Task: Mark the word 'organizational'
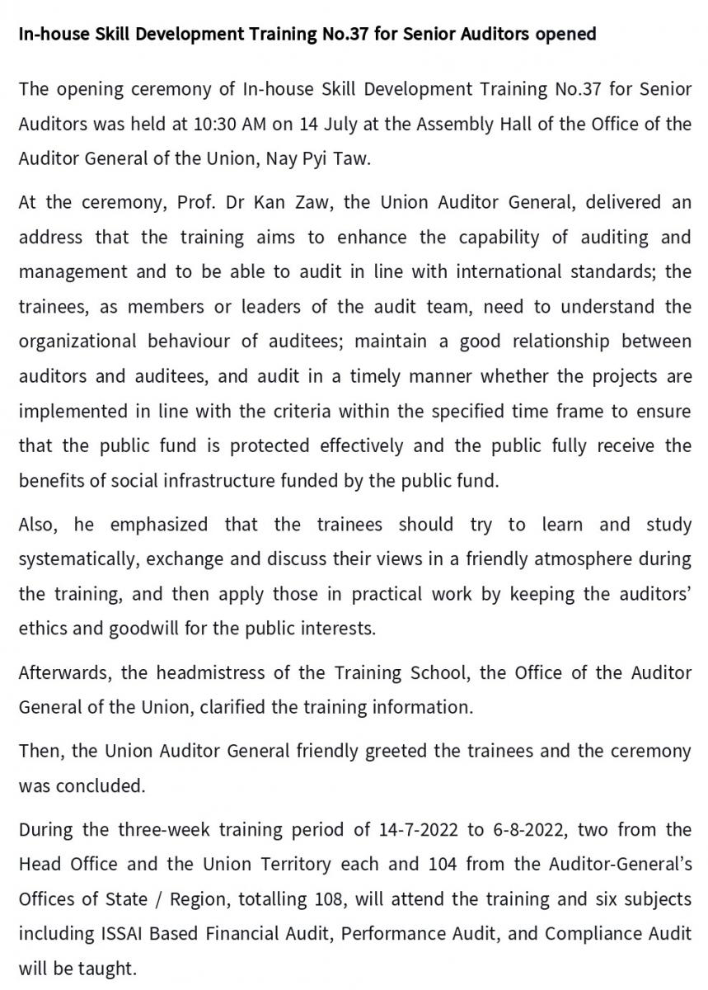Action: [x=77, y=342]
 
